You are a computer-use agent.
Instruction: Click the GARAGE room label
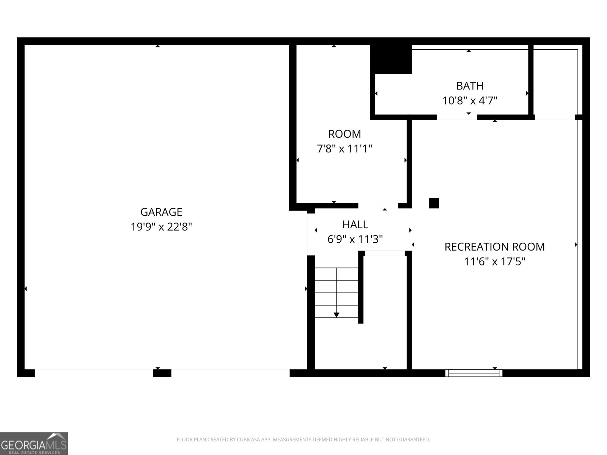tap(161, 212)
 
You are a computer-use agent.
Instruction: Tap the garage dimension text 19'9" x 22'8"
tap(161, 227)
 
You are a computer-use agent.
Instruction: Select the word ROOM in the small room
tap(344, 134)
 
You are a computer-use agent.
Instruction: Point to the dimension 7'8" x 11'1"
tap(344, 149)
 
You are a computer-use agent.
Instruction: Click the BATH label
tap(470, 86)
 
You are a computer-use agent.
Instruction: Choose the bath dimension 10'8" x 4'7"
tap(470, 101)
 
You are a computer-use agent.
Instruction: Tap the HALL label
tap(355, 224)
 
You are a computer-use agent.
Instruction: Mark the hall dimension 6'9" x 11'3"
tap(355, 239)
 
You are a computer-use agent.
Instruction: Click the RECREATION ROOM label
tap(494, 247)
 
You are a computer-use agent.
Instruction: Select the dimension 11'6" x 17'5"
tap(494, 262)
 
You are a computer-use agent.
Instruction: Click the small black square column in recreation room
tap(434, 203)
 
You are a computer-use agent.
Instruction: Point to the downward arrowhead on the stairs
tap(337, 315)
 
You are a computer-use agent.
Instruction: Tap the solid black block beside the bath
tap(391, 59)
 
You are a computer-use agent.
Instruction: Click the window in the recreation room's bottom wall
tap(474, 373)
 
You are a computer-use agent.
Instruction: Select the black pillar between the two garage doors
tap(162, 373)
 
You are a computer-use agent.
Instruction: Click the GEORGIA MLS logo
tap(34, 444)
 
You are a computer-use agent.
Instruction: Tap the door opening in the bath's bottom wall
tap(457, 117)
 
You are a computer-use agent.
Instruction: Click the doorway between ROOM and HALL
tap(378, 206)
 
